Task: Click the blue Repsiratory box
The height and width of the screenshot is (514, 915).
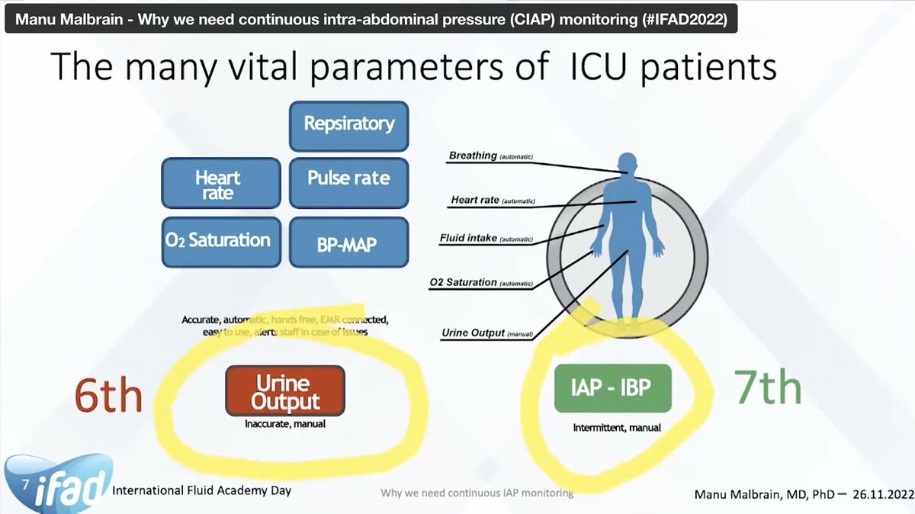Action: point(349,124)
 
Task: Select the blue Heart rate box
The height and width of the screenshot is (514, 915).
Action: point(221,184)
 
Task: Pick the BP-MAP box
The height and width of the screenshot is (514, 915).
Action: point(349,243)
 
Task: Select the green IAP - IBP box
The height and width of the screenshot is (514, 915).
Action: point(612,388)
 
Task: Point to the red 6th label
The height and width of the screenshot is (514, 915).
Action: point(108,394)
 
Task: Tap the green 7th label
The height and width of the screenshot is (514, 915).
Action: point(768,387)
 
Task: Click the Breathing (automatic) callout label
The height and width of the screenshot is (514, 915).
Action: point(490,156)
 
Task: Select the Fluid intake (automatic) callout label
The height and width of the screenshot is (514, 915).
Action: point(486,239)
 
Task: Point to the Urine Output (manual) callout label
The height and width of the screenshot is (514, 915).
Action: point(486,333)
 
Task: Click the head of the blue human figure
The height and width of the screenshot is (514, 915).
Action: point(627,162)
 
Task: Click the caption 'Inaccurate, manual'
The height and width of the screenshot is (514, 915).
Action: point(285,424)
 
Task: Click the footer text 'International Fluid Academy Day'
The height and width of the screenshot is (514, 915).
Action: point(201,490)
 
